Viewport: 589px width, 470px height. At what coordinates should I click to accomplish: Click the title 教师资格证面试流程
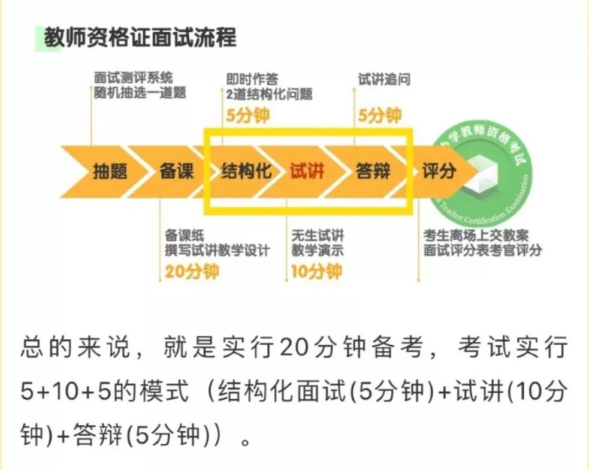click(x=140, y=38)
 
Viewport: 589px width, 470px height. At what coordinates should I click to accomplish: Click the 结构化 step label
click(x=246, y=171)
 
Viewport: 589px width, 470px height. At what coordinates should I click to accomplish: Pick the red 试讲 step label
click(x=307, y=171)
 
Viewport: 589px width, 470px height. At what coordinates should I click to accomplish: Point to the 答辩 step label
click(x=373, y=171)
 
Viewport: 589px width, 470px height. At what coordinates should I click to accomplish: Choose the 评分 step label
click(x=439, y=171)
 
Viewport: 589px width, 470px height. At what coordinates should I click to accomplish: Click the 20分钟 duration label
click(x=192, y=271)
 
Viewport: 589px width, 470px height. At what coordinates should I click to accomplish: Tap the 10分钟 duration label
click(x=316, y=271)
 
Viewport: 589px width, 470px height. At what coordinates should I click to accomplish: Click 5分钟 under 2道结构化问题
click(x=248, y=115)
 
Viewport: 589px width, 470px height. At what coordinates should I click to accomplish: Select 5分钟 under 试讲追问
click(x=379, y=115)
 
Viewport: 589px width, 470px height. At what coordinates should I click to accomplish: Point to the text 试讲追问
click(x=383, y=80)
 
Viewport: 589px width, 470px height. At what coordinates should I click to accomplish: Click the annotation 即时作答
click(x=252, y=79)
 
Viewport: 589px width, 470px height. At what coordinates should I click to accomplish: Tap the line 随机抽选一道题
click(x=140, y=92)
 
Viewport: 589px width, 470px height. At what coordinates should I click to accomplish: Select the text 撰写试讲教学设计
click(x=218, y=250)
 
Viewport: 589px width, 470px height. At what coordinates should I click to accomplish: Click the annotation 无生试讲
click(x=318, y=236)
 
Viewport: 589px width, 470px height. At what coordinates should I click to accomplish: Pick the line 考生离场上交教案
click(x=476, y=236)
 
